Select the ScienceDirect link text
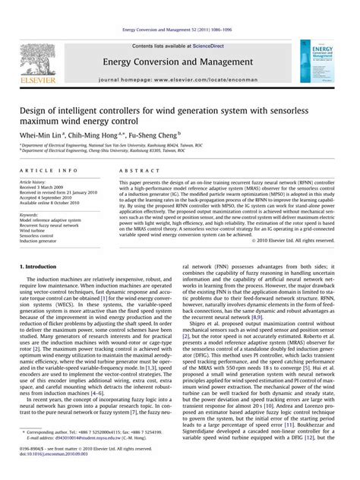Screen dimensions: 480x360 [x=213, y=46]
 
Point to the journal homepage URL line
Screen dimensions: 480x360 [x=179, y=79]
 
